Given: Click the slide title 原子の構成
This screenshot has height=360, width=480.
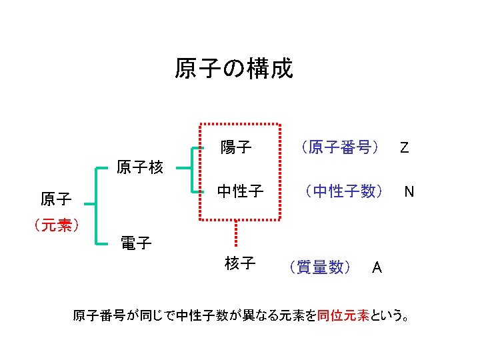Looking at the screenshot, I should pos(233,68).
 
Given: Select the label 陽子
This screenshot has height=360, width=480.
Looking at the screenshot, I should pos(236,146).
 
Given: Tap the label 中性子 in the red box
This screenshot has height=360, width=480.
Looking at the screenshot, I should pos(240,192).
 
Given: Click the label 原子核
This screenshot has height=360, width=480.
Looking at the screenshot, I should pos(140,167).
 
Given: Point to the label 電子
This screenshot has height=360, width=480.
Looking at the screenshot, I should pos(136,243).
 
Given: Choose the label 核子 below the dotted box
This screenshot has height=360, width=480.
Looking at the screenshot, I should pos(240,264).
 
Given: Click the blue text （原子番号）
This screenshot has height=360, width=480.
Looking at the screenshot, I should pos(339,147).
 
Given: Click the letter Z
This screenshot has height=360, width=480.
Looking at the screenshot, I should pos(404,147).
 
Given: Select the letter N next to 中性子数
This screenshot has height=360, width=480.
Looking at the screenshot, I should pos(409,193).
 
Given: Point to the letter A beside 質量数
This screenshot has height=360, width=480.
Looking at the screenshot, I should pos(377,268).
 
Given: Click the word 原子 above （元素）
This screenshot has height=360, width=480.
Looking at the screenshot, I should pos(56,199).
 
